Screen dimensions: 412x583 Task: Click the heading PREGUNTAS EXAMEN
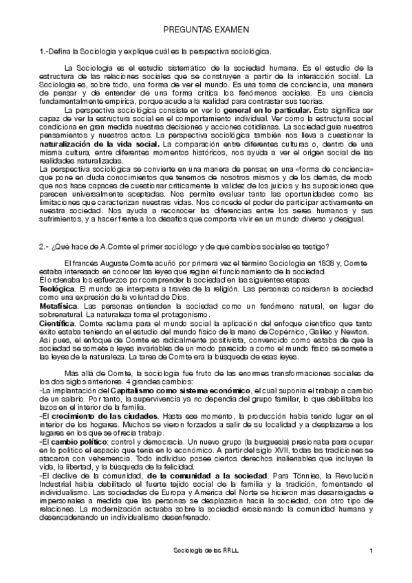tap(206, 32)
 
